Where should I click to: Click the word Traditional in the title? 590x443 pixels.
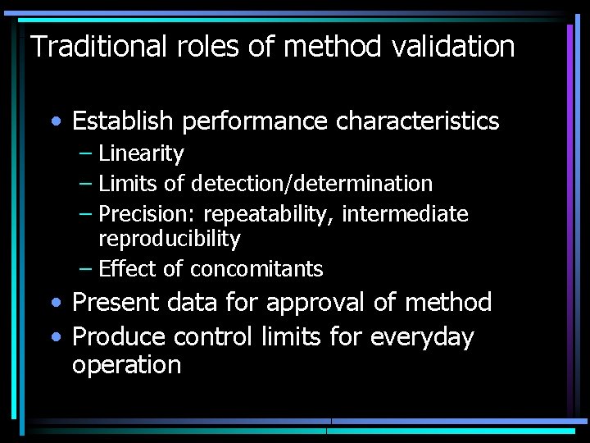(98, 47)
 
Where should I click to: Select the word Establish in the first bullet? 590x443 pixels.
(123, 121)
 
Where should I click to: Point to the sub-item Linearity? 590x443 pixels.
(141, 153)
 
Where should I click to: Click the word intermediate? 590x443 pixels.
(405, 214)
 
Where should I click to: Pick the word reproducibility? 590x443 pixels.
(169, 239)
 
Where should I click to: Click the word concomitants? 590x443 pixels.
(256, 269)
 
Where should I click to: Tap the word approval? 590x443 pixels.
(308, 302)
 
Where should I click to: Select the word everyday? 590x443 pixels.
(422, 336)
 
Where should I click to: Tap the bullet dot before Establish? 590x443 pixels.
(54, 122)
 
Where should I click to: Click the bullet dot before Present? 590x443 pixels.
(54, 303)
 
